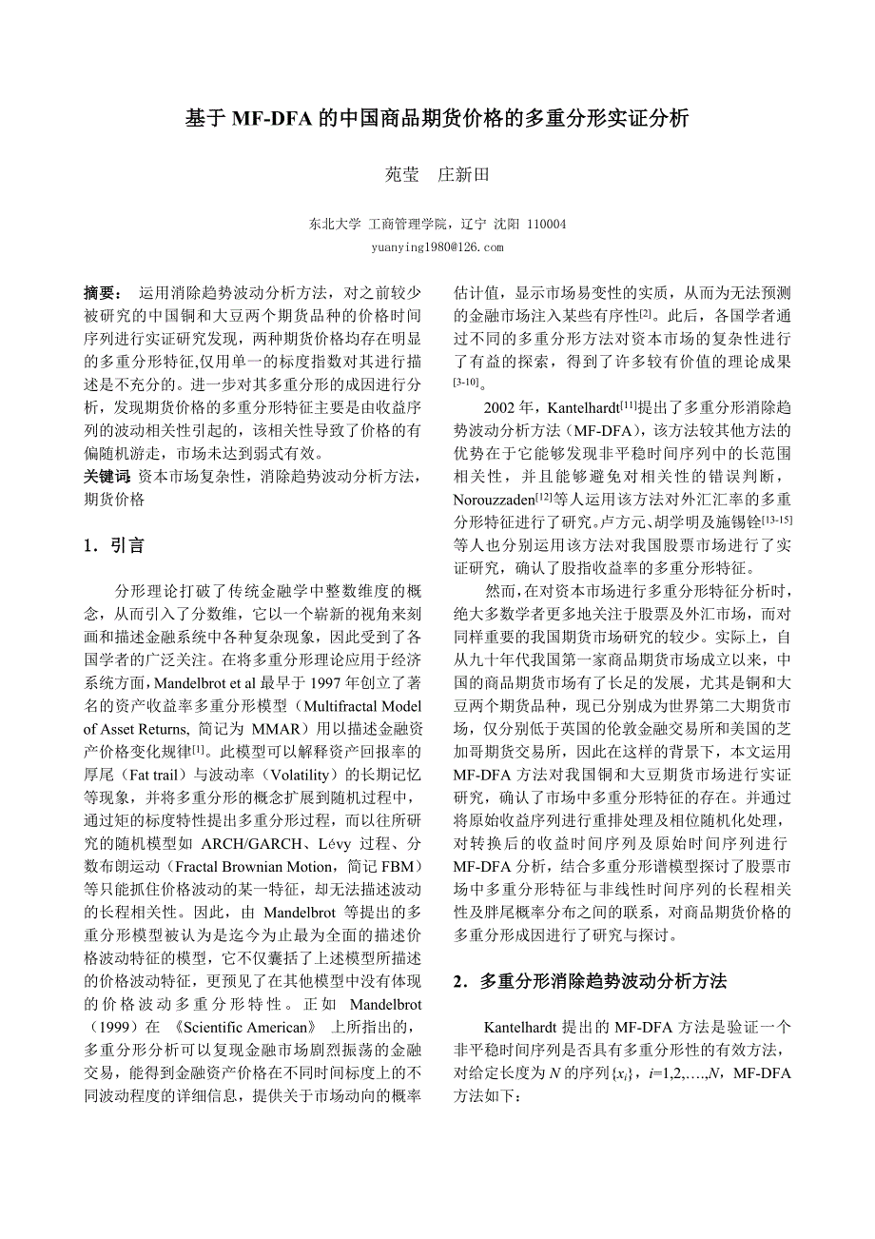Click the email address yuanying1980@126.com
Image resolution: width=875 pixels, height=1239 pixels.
pyautogui.click(x=437, y=247)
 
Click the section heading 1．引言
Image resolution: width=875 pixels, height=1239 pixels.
pyautogui.click(x=114, y=545)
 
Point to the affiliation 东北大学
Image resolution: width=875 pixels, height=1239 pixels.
pyautogui.click(x=335, y=225)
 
